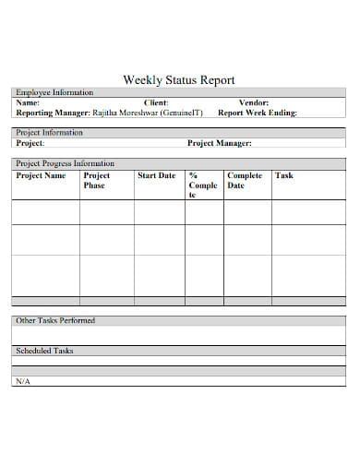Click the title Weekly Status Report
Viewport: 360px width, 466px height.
point(179,79)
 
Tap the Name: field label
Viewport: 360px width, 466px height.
point(29,102)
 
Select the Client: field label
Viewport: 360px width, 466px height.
point(156,102)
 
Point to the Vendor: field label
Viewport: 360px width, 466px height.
point(254,102)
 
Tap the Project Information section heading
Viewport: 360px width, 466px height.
point(50,133)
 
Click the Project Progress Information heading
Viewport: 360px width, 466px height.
point(66,163)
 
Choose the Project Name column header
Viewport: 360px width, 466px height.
point(42,175)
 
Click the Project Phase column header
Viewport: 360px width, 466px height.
point(96,180)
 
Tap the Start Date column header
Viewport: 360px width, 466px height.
point(156,175)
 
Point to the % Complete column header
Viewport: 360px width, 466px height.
point(203,185)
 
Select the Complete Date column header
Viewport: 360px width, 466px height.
point(245,180)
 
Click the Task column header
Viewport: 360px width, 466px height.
point(284,175)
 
